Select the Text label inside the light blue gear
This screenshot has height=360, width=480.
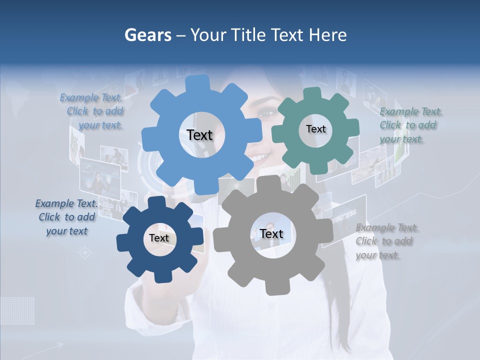pyautogui.click(x=199, y=135)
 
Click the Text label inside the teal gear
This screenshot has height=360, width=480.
pyautogui.click(x=315, y=129)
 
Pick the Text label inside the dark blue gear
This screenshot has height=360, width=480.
pyautogui.click(x=159, y=238)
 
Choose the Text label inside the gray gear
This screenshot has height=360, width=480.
pyautogui.click(x=271, y=234)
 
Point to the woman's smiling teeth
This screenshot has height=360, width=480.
pyautogui.click(x=259, y=158)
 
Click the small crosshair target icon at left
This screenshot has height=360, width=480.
pyautogui.click(x=85, y=253)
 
